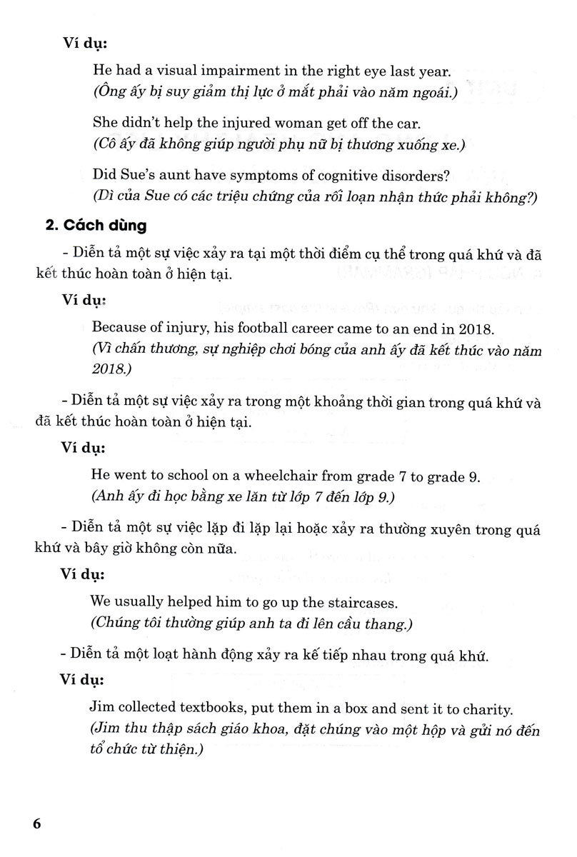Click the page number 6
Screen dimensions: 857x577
click(x=38, y=823)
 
